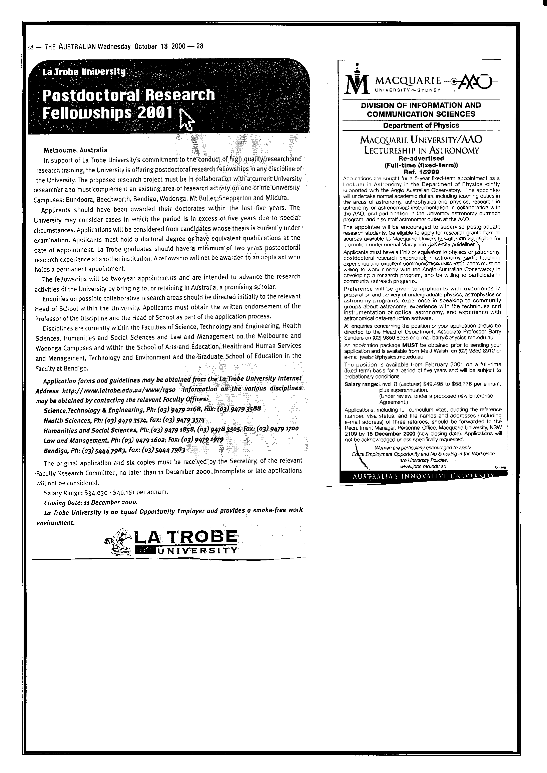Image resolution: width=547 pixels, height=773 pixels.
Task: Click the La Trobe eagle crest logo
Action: point(119,542)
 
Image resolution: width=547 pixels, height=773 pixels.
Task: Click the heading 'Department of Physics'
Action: point(421,125)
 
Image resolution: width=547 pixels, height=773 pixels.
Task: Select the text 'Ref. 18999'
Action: point(421,172)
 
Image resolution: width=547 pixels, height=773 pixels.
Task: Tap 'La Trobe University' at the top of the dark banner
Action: point(83,72)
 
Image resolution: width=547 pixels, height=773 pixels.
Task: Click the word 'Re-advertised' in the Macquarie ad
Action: point(421,158)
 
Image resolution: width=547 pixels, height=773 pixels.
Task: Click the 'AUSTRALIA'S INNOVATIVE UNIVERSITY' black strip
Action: point(423,476)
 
